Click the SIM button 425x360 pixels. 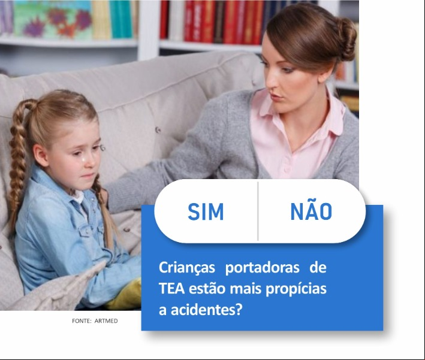(x=206, y=211)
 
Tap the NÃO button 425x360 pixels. (x=312, y=211)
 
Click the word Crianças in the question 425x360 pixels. (x=187, y=268)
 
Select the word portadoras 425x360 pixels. (x=263, y=268)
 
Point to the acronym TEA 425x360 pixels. (x=172, y=289)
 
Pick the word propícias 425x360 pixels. (x=296, y=289)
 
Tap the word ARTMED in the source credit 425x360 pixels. (x=106, y=321)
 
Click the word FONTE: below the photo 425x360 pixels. (x=82, y=321)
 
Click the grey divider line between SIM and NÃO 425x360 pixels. (x=258, y=211)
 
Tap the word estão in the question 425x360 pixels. (x=207, y=289)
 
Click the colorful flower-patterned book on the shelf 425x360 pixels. (x=53, y=20)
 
